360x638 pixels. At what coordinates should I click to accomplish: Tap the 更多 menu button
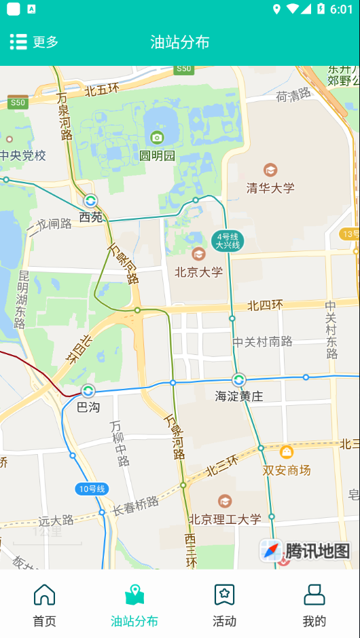34,42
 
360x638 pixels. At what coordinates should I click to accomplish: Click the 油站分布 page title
180,42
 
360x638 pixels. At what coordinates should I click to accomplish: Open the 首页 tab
45,605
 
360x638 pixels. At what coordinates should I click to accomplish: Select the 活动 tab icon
224,595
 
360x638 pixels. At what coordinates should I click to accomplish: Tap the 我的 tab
314,605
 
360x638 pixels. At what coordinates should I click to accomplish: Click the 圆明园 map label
158,155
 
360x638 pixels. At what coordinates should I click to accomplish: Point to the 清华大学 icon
270,170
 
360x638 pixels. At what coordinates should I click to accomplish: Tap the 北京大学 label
198,271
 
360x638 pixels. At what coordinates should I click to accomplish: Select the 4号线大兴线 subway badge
227,241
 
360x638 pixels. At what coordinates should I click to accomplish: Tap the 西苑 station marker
90,201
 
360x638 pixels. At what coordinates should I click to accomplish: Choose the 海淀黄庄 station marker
238,380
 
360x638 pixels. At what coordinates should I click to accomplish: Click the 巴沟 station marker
88,391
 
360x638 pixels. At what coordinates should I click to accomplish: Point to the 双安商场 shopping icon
287,452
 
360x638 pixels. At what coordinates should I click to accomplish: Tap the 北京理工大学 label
225,519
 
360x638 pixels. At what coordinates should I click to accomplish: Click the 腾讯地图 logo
306,550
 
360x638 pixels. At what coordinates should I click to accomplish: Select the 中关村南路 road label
263,341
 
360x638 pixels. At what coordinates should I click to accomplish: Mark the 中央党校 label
23,155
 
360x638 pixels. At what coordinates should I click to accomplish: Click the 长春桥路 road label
136,506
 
